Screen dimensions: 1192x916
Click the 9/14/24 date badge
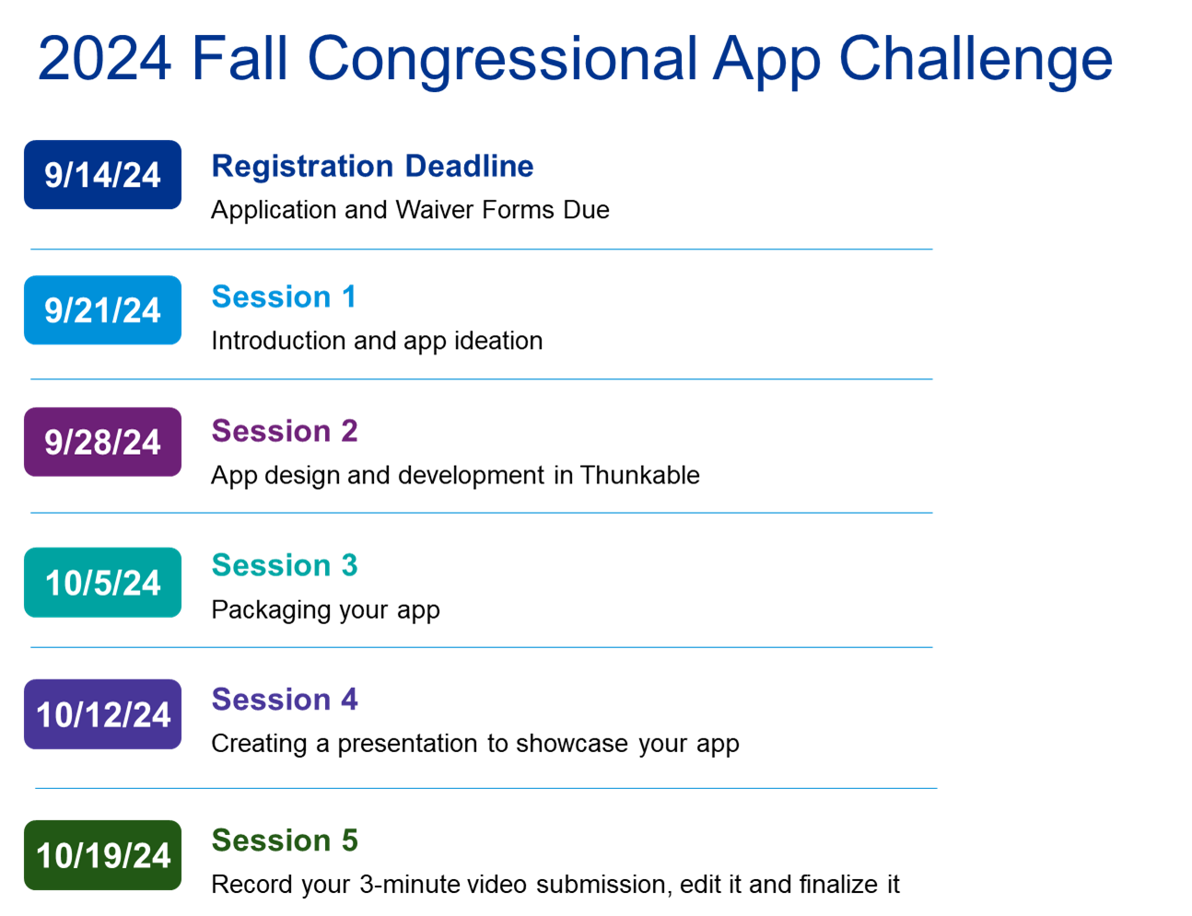tap(102, 174)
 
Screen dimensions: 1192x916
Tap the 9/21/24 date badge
tap(102, 309)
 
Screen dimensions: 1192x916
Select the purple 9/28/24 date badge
tap(102, 441)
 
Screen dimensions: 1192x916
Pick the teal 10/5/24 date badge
tap(102, 582)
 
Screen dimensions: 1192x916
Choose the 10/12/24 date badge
tap(102, 713)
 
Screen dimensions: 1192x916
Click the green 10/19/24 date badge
tap(102, 854)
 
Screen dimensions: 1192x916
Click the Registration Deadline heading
tap(372, 166)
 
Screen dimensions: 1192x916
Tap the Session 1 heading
tap(284, 296)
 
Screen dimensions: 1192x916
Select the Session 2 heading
tap(285, 430)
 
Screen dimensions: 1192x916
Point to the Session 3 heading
tap(285, 564)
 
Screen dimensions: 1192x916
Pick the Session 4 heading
tap(285, 699)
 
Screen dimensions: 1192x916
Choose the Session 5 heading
tap(285, 840)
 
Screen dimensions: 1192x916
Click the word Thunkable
tap(639, 475)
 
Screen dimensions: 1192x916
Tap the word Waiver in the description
tap(435, 209)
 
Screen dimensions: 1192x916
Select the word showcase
tap(572, 743)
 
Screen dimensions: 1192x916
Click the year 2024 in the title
tap(104, 58)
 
